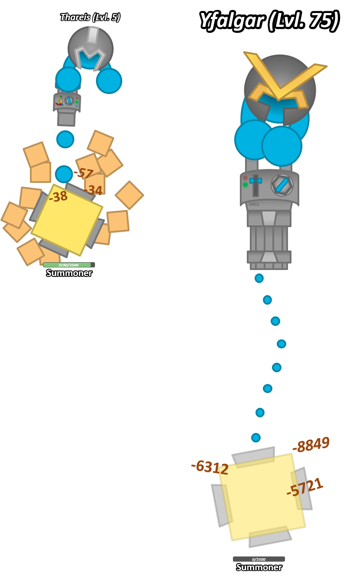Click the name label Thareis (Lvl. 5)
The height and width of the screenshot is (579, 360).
[90, 17]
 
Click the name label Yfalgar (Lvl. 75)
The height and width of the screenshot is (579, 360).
[268, 20]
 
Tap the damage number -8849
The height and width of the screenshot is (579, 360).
[311, 445]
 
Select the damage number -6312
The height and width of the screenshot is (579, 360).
[210, 467]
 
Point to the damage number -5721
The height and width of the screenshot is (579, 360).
[305, 487]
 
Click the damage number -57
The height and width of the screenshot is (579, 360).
[83, 173]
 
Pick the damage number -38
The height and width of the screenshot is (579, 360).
[58, 197]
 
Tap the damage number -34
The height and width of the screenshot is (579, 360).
[93, 190]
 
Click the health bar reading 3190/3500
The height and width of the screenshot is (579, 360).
[69, 265]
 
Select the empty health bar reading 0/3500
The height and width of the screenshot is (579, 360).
[259, 559]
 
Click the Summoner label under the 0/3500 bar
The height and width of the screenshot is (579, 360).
[259, 567]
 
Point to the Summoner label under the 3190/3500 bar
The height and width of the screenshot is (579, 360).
[69, 273]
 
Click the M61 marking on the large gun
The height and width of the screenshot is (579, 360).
[254, 204]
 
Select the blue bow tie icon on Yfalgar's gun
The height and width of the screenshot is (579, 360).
[255, 181]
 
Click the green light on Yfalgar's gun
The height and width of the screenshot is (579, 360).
[245, 185]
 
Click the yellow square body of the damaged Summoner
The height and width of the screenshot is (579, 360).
[67, 220]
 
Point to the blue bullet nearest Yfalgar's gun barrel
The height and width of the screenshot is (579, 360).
[259, 278]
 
